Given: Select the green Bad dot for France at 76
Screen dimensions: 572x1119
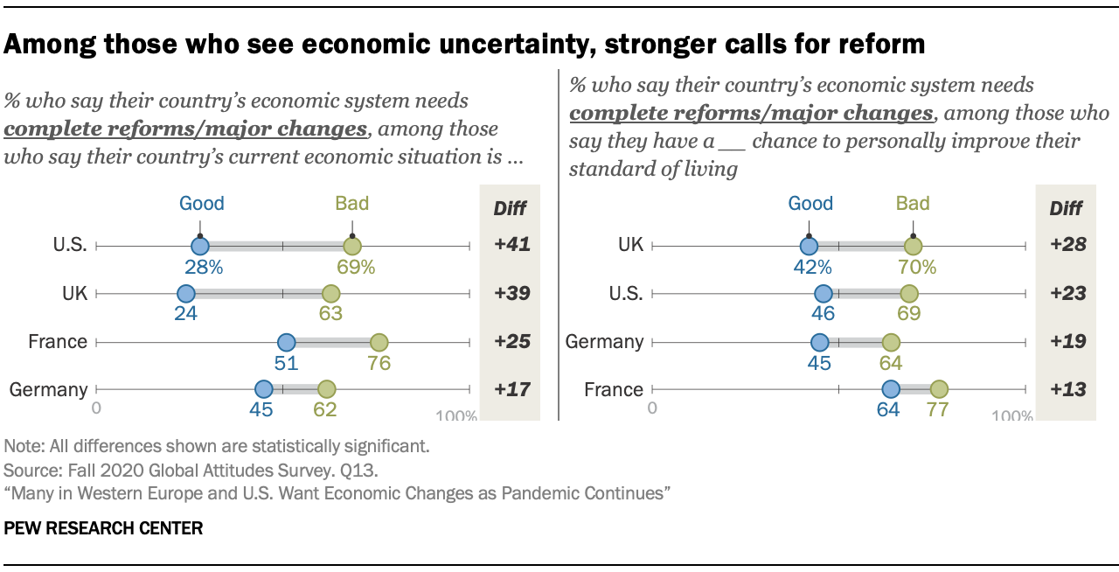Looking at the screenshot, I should coord(379,342).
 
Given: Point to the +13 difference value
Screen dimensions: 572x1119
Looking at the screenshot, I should coord(1067,389).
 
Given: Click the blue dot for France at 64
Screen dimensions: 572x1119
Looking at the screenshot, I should coord(891,389).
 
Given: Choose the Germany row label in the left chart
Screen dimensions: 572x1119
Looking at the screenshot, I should coord(48,389).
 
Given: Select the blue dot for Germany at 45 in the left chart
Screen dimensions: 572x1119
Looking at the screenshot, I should coord(264,389).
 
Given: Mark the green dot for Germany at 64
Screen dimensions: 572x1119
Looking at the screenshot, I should coord(891,342).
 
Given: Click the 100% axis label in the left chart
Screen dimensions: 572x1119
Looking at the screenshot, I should coord(456,416).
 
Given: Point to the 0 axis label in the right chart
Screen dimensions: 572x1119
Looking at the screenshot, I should coord(652,408).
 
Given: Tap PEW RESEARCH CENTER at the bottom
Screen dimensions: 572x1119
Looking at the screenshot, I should coord(103,528).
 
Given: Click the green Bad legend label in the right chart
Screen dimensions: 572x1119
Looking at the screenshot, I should coord(912,204).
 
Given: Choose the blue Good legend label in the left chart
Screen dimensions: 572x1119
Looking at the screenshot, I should coord(202,204).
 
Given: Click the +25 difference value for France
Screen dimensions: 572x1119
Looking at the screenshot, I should coord(511,342).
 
